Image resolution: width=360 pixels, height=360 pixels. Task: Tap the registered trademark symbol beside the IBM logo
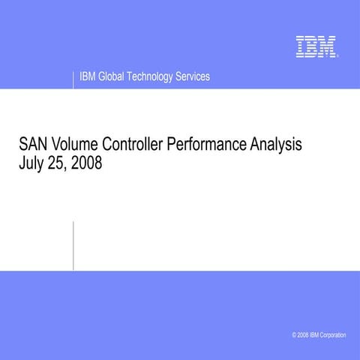tap(338, 56)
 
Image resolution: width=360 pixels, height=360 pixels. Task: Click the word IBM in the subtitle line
tap(88, 77)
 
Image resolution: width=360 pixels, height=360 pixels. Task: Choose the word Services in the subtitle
tap(193, 77)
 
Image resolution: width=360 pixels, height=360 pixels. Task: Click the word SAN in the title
tap(31, 144)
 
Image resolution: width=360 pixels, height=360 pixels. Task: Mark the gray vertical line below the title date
tap(73, 244)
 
